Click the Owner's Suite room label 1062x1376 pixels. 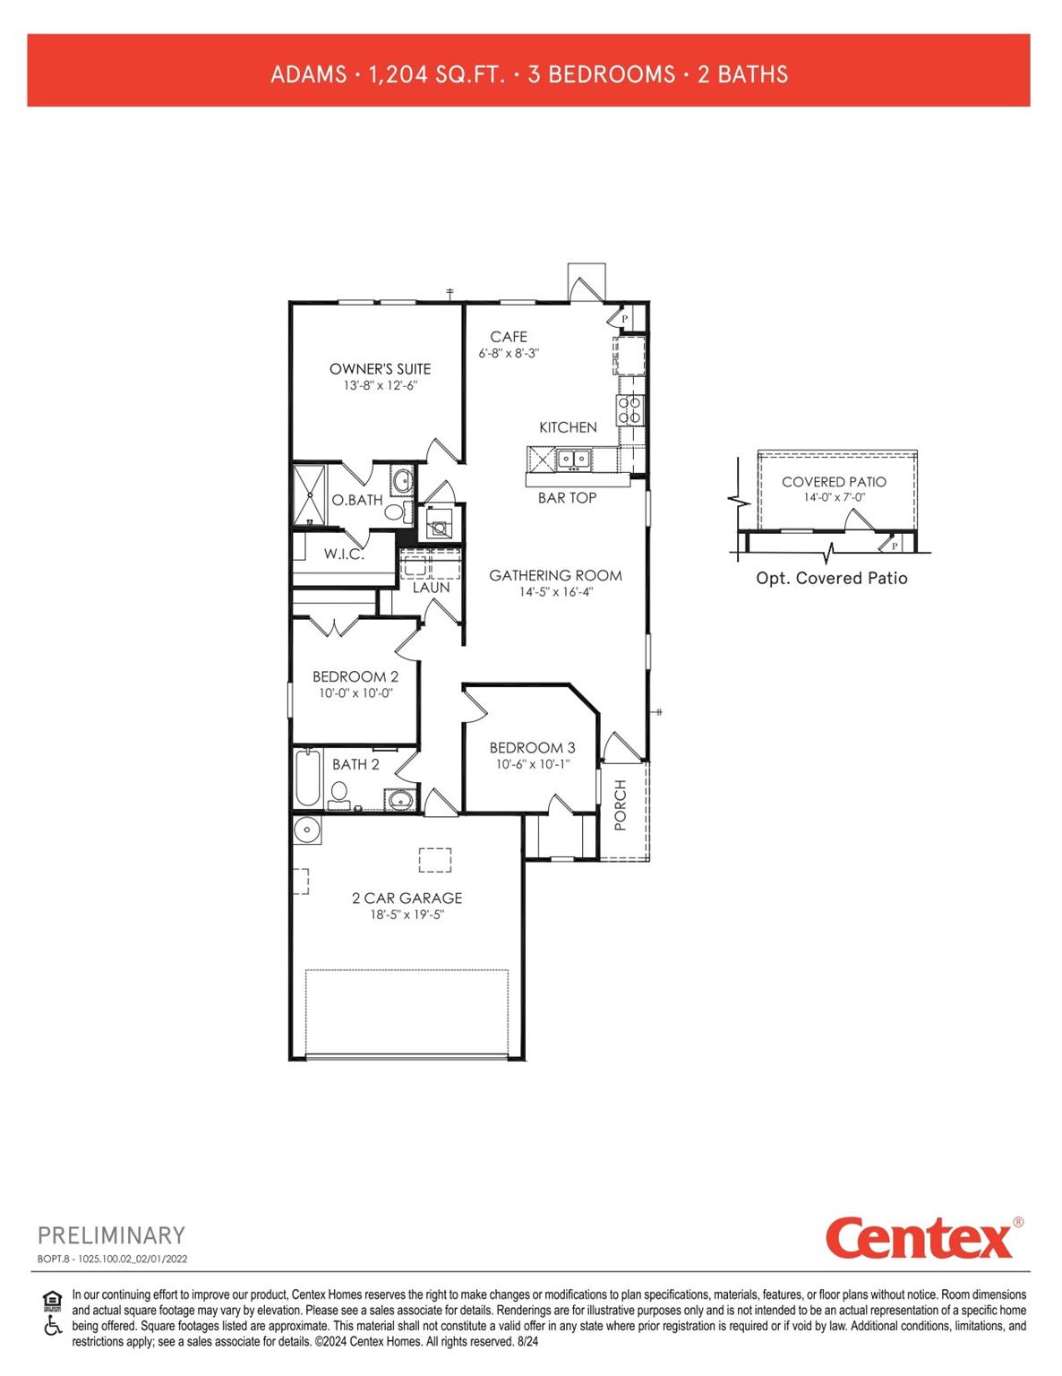(380, 368)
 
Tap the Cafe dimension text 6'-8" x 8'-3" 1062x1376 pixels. (509, 354)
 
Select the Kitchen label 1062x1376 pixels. (568, 427)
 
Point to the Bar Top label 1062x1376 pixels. (567, 497)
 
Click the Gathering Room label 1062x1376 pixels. (555, 575)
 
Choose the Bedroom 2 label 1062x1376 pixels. (355, 676)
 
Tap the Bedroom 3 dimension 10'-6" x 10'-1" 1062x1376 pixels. (533, 764)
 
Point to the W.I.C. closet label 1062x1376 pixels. (344, 554)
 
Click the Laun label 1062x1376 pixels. (431, 588)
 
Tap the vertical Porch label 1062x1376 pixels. (621, 804)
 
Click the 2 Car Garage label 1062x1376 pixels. (407, 898)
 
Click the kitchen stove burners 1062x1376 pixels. (629, 410)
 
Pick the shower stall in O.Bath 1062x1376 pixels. (310, 494)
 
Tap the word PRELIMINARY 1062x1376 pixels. (111, 1235)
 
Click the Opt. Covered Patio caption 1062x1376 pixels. (832, 578)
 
